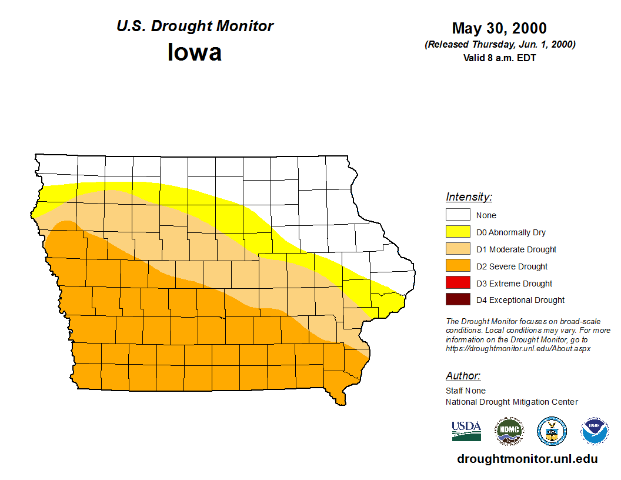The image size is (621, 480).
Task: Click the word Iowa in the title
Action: point(195,52)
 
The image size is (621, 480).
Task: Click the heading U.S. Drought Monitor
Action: point(195,26)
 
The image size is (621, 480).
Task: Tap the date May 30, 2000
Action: point(499,28)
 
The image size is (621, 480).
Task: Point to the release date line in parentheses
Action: point(499,45)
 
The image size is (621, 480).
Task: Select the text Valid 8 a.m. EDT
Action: point(499,58)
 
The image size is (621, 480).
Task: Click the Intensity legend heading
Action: point(469,197)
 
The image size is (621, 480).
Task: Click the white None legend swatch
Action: point(458,215)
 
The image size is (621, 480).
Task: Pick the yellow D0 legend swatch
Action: point(458,232)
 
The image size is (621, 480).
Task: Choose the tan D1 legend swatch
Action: point(458,249)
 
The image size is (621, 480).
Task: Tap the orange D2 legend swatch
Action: point(458,266)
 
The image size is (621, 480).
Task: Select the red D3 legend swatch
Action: point(458,284)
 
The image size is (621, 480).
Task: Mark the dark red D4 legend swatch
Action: point(458,300)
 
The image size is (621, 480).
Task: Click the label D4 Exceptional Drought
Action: point(520,300)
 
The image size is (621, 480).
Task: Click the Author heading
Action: point(463,376)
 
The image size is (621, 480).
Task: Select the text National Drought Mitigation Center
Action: point(512,402)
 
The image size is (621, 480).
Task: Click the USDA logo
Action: point(466,431)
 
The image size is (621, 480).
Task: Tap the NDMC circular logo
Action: point(509,431)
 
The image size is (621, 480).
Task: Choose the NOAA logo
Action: point(595,431)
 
